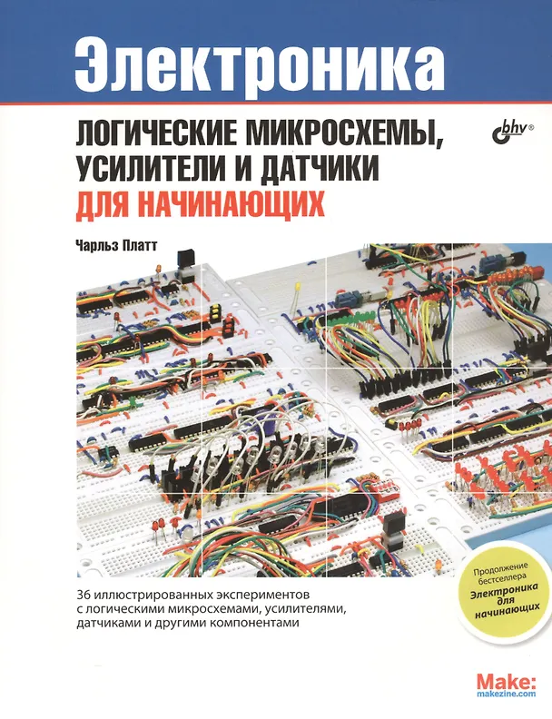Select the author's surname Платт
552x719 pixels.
[140, 245]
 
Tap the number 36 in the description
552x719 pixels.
[83, 596]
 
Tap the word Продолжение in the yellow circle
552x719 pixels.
[500, 569]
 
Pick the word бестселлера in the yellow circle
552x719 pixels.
[501, 579]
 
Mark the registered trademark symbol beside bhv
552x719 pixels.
[532, 124]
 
